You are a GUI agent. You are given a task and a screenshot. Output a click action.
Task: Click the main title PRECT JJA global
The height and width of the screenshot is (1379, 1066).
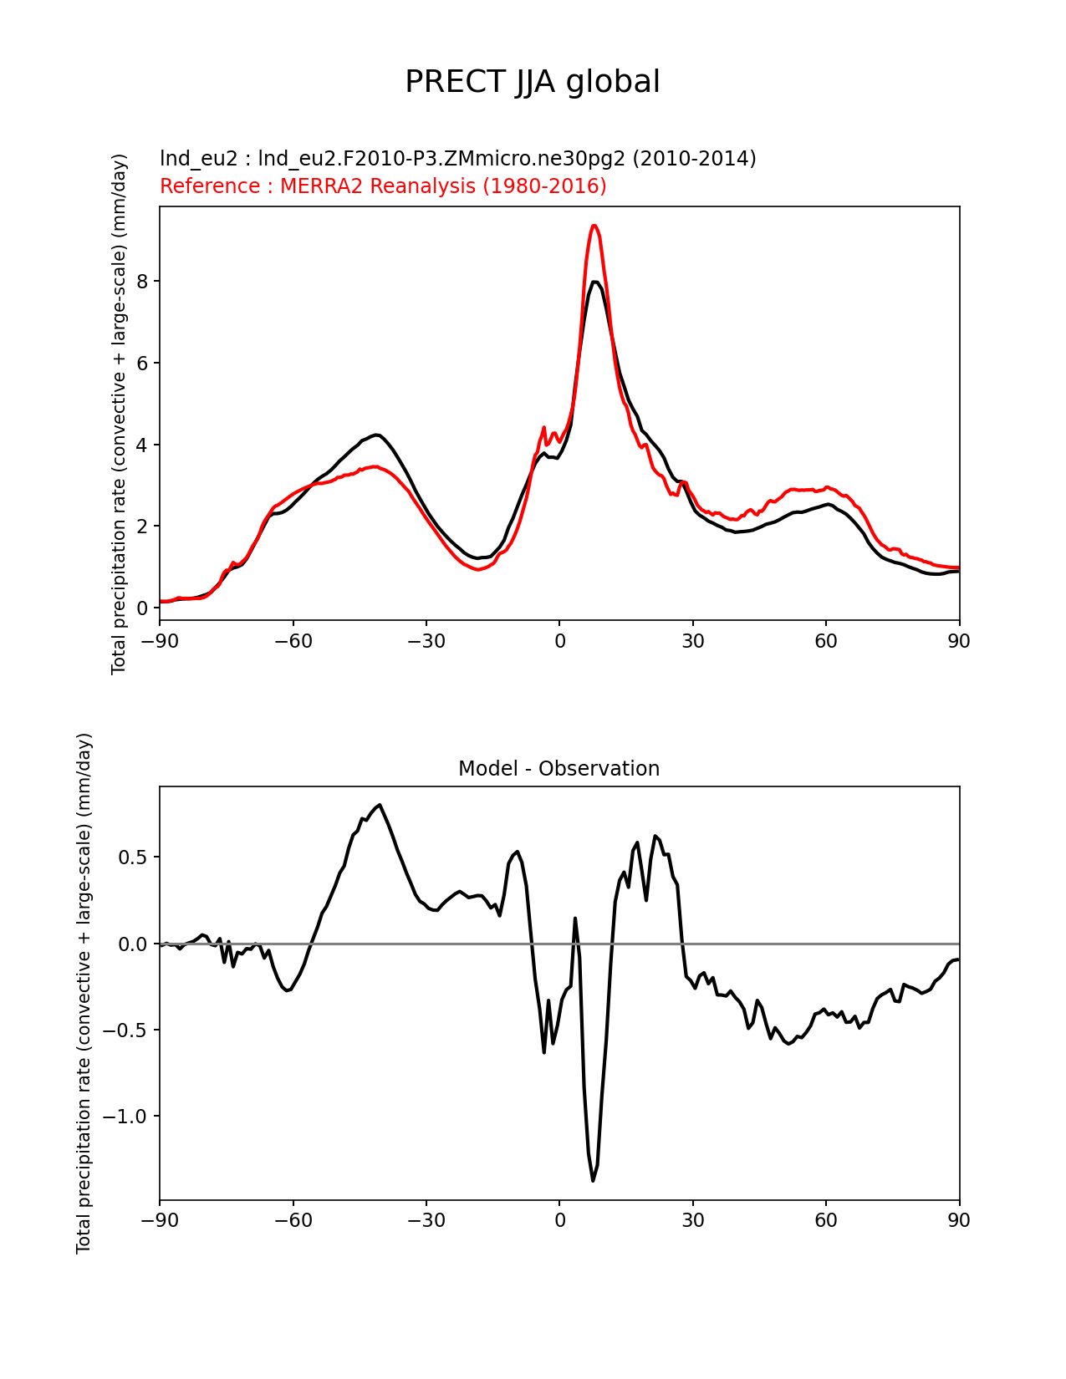tap(533, 82)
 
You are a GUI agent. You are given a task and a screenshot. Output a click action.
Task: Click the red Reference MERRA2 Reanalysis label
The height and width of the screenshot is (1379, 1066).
tap(383, 186)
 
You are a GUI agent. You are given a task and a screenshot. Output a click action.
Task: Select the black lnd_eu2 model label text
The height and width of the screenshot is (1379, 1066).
tap(457, 158)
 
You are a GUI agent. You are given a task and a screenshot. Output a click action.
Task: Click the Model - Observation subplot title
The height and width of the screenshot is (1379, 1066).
tap(559, 769)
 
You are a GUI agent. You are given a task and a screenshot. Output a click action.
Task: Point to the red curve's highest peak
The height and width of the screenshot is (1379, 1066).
tap(594, 226)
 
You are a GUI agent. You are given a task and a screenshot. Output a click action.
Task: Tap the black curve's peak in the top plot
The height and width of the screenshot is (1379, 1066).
tap(594, 282)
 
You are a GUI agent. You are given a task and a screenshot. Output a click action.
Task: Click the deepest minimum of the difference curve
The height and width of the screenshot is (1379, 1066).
tap(594, 1180)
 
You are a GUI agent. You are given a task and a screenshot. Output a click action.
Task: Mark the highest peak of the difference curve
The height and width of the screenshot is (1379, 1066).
tap(380, 805)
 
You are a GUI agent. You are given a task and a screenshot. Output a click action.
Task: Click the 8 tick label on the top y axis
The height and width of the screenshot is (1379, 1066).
tap(142, 282)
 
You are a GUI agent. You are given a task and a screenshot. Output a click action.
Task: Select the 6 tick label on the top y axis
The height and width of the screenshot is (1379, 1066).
tap(142, 363)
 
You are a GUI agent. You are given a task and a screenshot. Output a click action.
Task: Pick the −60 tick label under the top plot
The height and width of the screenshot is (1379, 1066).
tap(293, 641)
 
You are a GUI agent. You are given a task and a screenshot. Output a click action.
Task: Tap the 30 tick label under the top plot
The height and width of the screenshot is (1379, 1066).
tap(692, 641)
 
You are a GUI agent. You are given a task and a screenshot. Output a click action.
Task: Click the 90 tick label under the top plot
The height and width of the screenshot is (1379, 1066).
tap(959, 641)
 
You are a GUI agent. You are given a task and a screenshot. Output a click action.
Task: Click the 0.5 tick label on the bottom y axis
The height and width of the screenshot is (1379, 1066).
tap(131, 857)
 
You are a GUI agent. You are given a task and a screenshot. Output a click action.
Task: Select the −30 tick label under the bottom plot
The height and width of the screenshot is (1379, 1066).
tap(426, 1220)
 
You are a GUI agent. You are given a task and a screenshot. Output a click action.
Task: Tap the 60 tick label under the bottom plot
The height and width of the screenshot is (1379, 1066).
tap(826, 1220)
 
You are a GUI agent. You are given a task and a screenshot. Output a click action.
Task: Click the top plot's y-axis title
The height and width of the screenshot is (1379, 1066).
tap(119, 414)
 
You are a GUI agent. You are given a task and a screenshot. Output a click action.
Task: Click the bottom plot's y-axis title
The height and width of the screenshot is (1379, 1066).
tap(84, 993)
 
